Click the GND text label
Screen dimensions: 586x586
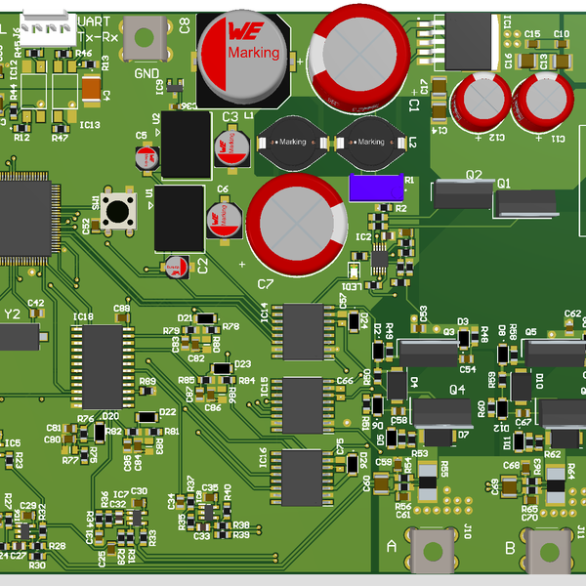coord(146,73)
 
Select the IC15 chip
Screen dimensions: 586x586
coord(303,404)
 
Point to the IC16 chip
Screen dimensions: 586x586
coord(303,477)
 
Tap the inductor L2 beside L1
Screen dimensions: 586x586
coord(369,143)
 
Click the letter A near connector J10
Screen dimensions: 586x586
coord(393,548)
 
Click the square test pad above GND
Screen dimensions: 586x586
coord(146,38)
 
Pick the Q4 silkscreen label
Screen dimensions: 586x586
coord(456,389)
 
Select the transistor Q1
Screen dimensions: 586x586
coord(525,203)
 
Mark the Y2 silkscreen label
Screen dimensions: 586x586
coord(12,314)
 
